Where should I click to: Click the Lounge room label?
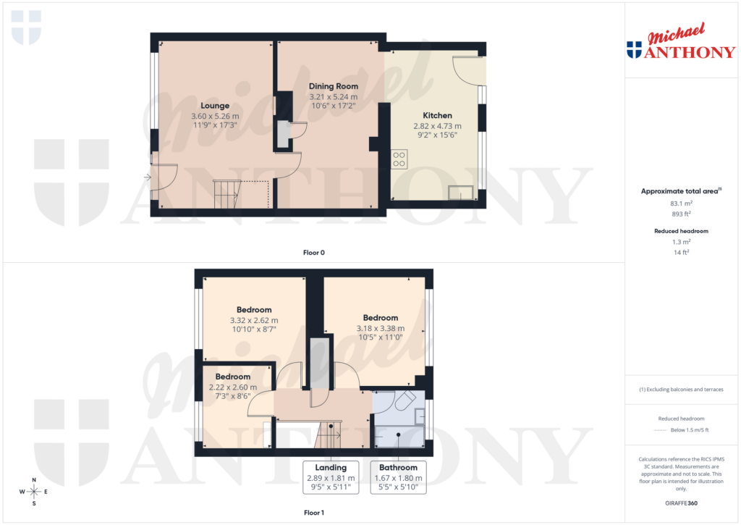[215, 106]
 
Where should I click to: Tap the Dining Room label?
[334, 86]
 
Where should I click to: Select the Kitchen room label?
[437, 115]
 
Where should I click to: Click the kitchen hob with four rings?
[399, 159]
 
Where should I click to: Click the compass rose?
[34, 492]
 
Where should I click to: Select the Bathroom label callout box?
[398, 477]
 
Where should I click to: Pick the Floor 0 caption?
[314, 253]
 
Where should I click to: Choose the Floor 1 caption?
[314, 513]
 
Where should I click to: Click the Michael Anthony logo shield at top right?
[634, 50]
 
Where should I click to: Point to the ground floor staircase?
[226, 194]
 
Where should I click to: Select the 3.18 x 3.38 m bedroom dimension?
[381, 328]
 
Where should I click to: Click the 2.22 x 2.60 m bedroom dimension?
[233, 387]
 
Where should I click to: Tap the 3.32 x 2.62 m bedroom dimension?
[254, 320]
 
